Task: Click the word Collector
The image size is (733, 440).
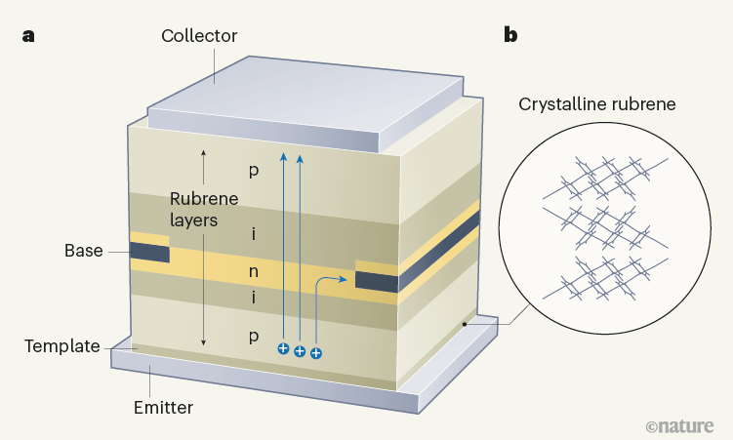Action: click(x=199, y=36)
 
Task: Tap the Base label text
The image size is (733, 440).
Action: click(x=84, y=251)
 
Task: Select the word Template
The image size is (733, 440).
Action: click(x=61, y=345)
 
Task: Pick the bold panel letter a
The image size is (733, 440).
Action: click(x=28, y=36)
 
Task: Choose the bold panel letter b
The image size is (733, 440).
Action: click(x=510, y=36)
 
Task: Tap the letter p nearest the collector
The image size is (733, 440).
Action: click(x=253, y=171)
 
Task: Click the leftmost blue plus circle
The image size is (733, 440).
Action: click(x=283, y=348)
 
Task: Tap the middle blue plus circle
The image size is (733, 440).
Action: click(x=300, y=350)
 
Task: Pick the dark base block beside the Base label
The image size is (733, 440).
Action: click(x=149, y=252)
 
